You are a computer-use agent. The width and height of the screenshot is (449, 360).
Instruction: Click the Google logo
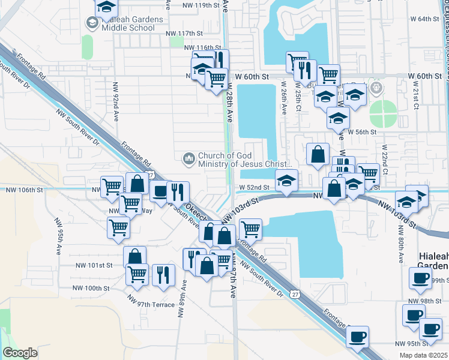(20, 353)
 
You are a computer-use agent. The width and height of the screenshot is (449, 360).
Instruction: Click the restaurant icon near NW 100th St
(163, 275)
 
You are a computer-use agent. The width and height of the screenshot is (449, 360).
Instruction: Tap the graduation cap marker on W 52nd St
(287, 180)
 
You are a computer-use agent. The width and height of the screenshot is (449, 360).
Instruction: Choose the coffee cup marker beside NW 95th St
(357, 336)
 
